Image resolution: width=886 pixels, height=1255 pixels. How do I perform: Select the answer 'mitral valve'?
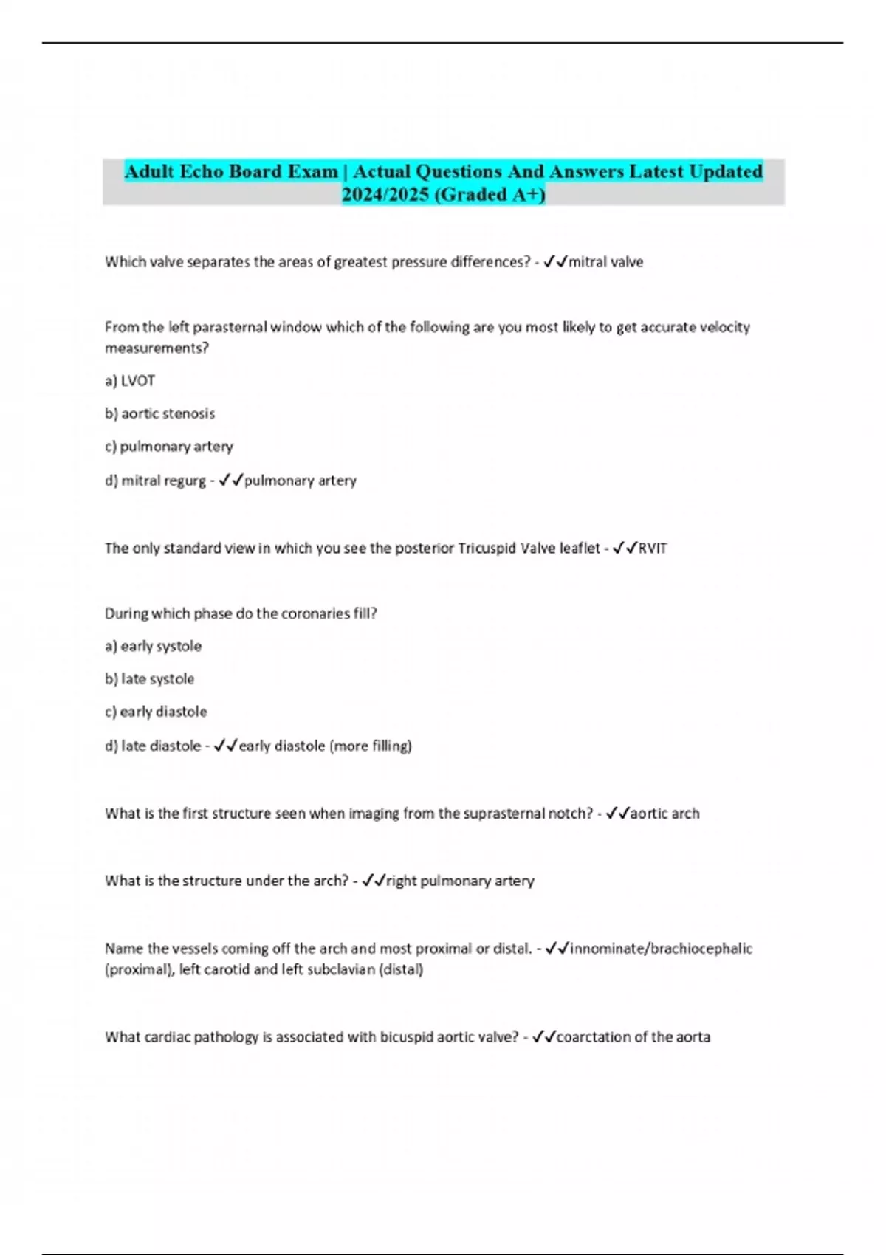pos(605,262)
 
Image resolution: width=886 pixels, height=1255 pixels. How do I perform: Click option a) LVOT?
pos(130,381)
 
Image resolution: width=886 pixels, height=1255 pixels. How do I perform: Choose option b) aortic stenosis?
pos(159,413)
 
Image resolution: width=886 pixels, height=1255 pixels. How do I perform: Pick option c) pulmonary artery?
pos(168,447)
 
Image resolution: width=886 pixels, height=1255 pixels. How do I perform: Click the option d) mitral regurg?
pos(155,481)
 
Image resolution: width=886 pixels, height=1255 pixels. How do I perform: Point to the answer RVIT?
pos(653,549)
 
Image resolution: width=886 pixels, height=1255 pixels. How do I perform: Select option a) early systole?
pos(153,646)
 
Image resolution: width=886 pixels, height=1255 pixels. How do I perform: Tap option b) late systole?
pos(149,679)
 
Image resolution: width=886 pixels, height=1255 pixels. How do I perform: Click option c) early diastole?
pos(156,712)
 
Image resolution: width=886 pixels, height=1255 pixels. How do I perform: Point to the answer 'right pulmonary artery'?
pos(460,881)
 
